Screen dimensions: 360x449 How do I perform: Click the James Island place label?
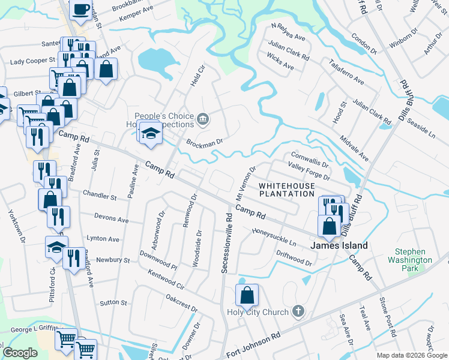click(339, 245)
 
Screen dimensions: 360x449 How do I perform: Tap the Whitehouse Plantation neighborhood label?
click(286, 190)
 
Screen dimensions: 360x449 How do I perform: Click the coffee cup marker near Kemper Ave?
click(80, 10)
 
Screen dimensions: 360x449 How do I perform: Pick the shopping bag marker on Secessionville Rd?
click(247, 295)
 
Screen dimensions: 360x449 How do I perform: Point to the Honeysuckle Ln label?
click(274, 238)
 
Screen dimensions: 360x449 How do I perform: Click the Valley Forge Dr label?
click(309, 172)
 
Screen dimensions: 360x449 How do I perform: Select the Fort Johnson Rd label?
click(254, 343)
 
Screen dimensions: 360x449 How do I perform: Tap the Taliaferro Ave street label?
click(346, 72)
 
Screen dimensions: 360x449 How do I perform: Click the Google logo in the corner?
click(20, 353)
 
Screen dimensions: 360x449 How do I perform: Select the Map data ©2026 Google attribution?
click(411, 355)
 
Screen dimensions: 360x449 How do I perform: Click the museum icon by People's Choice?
click(203, 119)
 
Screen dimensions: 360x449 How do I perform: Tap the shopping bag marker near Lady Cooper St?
click(106, 68)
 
